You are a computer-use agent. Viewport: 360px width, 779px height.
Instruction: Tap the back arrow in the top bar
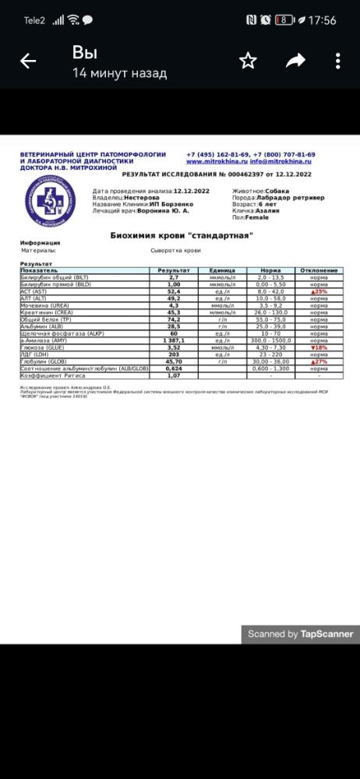(x=28, y=62)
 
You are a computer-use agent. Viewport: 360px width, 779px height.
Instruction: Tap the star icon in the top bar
(x=248, y=61)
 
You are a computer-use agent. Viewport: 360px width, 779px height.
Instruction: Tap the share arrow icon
(x=295, y=61)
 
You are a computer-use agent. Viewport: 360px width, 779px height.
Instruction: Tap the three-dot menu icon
(x=337, y=61)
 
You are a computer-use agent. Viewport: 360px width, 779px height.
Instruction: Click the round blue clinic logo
(x=51, y=201)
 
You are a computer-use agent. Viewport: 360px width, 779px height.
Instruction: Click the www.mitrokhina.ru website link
(x=217, y=161)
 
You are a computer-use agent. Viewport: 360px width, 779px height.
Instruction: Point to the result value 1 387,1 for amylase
(x=174, y=340)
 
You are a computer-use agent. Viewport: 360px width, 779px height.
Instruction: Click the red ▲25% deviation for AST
(x=319, y=291)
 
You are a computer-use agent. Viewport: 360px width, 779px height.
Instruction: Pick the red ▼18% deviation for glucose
(x=319, y=347)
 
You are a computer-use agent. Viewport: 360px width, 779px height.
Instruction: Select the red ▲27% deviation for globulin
(x=319, y=361)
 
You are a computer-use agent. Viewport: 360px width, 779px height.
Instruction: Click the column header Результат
(x=174, y=270)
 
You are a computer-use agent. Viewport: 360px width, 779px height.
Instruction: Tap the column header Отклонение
(x=319, y=270)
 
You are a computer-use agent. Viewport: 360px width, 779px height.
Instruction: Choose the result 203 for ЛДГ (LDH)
(x=174, y=354)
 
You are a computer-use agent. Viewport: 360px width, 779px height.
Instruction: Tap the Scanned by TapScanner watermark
(x=300, y=634)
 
